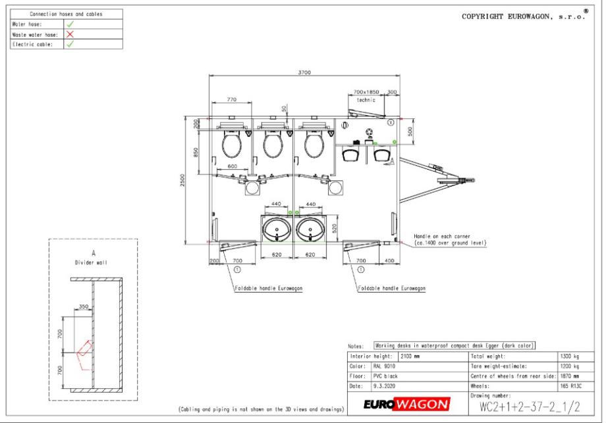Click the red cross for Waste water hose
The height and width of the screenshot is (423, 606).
(x=70, y=34)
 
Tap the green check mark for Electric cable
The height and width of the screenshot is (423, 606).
(x=70, y=44)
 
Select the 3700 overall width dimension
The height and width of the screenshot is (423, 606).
(x=304, y=72)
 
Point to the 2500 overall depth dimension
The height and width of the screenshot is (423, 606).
(x=182, y=180)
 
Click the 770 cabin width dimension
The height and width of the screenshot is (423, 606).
(x=231, y=99)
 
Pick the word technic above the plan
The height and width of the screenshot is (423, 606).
(x=366, y=100)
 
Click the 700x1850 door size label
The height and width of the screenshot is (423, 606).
(x=366, y=92)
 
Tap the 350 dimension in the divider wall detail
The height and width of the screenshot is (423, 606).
(x=84, y=307)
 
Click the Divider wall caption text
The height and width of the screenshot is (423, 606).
(x=91, y=262)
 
